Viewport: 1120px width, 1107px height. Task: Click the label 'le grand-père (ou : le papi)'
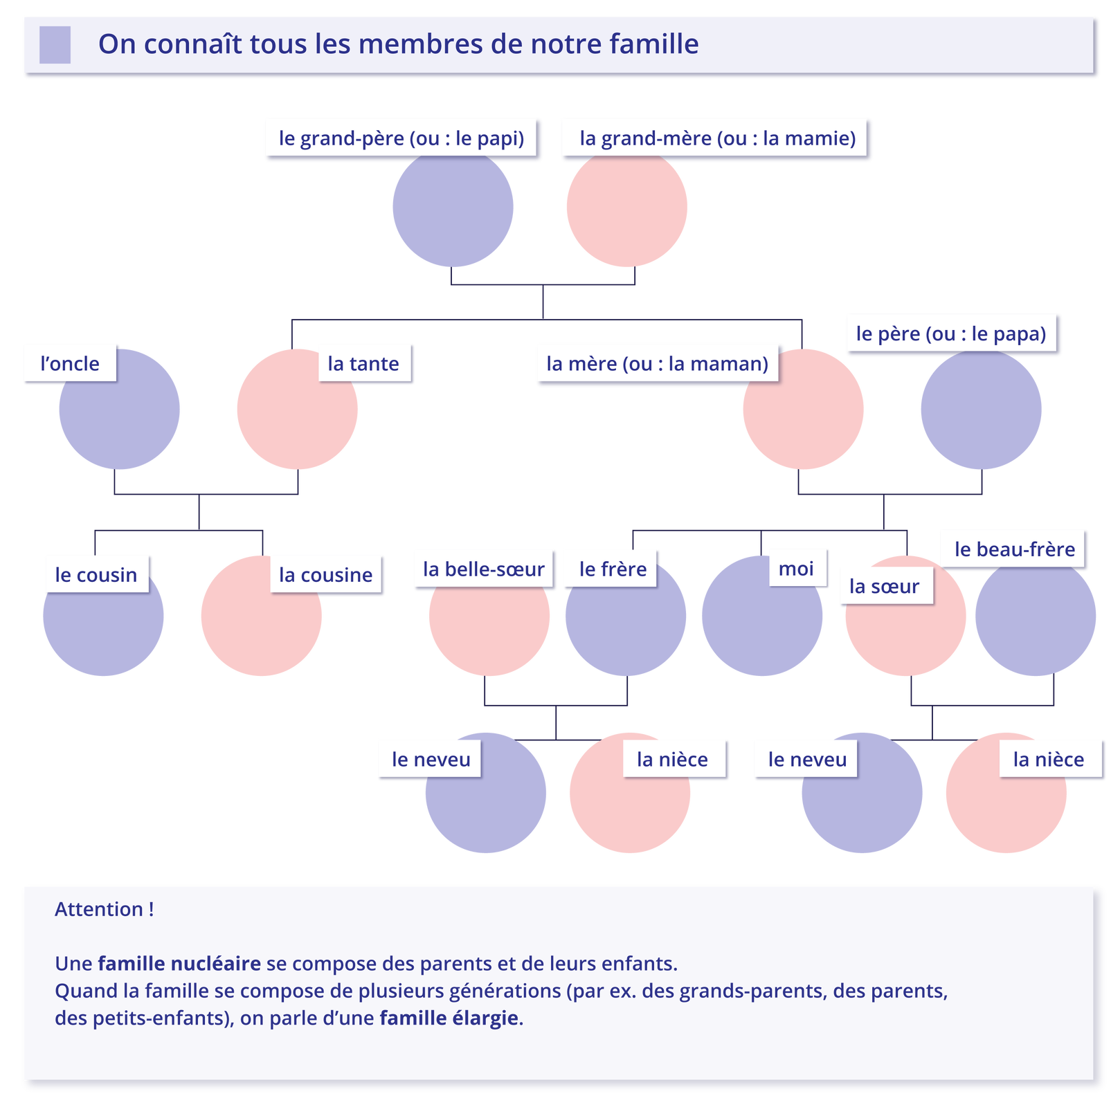[401, 138]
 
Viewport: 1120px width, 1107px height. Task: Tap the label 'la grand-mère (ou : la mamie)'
[717, 138]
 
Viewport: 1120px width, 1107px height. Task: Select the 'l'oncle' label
[70, 363]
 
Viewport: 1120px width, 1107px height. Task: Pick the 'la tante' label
[363, 363]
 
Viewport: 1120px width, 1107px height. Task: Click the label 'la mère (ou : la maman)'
[657, 363]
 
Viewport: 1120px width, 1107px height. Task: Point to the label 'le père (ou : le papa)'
[951, 333]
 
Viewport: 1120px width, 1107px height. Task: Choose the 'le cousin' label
[96, 574]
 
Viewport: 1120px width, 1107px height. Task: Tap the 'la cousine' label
[325, 574]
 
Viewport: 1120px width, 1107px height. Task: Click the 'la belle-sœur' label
[483, 569]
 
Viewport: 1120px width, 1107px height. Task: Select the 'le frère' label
[613, 569]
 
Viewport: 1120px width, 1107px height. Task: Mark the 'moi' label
[796, 568]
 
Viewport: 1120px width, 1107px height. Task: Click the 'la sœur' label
[884, 586]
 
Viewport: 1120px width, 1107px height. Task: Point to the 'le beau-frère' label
[1015, 549]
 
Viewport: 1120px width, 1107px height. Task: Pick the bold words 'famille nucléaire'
[179, 963]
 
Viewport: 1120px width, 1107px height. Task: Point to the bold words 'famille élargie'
[449, 1018]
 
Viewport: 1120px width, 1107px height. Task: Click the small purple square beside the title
[55, 44]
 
